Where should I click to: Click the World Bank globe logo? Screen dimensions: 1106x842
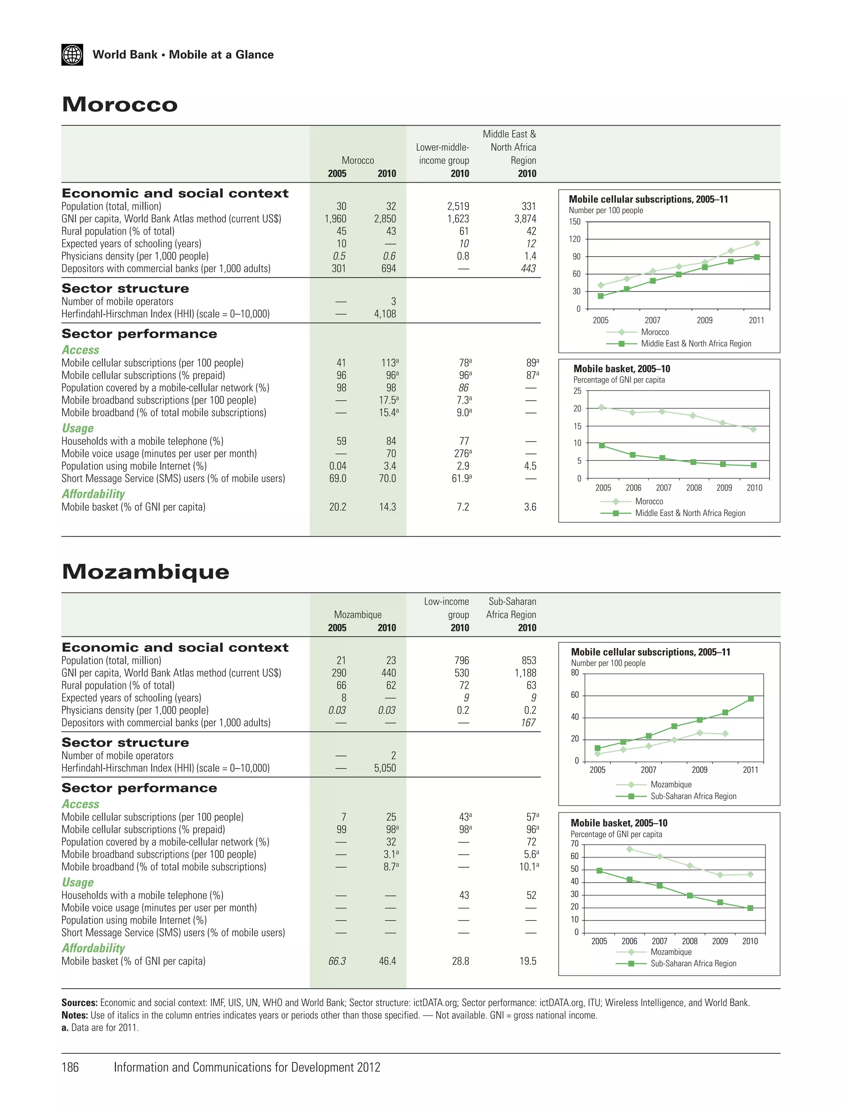72,55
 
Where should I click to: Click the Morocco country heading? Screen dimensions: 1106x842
120,105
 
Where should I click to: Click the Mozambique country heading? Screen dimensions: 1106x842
146,571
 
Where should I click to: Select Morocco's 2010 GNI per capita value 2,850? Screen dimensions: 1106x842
384,219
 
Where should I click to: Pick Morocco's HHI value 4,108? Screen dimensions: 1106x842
384,314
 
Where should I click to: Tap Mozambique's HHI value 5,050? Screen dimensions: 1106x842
384,768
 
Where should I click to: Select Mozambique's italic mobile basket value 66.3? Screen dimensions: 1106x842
337,961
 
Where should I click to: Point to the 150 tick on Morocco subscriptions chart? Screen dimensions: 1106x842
574,222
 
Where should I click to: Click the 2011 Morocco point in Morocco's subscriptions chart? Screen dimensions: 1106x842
756,243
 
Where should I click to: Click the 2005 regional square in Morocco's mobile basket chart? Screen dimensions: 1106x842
602,446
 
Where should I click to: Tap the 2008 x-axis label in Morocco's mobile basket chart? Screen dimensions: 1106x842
694,488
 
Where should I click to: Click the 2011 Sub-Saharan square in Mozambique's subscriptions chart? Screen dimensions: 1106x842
750,699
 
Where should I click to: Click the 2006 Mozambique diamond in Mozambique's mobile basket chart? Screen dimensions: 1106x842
629,849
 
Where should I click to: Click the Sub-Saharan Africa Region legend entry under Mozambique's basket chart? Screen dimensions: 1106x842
693,963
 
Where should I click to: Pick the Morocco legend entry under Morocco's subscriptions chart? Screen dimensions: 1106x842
655,332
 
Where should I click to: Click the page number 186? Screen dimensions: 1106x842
70,1067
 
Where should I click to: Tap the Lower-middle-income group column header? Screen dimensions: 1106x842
444,154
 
